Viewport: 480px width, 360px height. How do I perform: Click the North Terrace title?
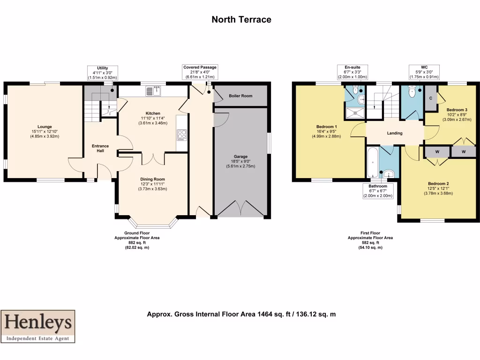pyautogui.click(x=241, y=19)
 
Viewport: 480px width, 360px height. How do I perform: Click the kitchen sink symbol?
pyautogui.click(x=153, y=90)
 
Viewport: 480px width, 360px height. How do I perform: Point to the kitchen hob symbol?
pyautogui.click(x=182, y=135)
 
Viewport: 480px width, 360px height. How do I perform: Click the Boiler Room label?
pyautogui.click(x=240, y=96)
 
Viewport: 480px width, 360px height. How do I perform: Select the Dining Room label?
pyautogui.click(x=153, y=179)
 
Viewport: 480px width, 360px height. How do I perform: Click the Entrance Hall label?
pyautogui.click(x=100, y=149)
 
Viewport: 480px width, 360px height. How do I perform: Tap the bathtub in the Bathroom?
pyautogui.click(x=372, y=162)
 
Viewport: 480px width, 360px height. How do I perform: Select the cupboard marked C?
pyautogui.click(x=430, y=98)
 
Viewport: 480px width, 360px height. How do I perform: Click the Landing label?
pyautogui.click(x=395, y=133)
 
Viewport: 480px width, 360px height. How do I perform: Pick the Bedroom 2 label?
pyautogui.click(x=438, y=183)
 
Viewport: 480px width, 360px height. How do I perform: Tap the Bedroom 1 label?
pyautogui.click(x=326, y=127)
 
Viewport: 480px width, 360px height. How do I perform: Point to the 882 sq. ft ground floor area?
pyautogui.click(x=137, y=242)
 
